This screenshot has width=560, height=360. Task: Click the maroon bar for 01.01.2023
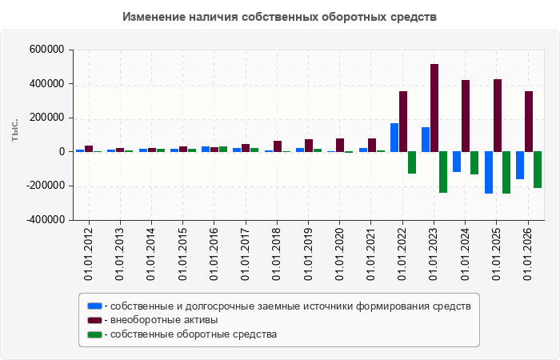tap(434, 108)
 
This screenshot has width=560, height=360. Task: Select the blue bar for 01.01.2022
tap(394, 138)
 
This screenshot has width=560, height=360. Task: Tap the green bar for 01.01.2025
tap(506, 173)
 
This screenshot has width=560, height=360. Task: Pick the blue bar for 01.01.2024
tap(457, 162)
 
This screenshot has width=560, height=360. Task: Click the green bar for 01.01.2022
tap(412, 163)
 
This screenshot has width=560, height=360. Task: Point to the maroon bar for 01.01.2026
tap(529, 122)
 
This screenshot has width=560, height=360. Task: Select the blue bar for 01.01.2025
tap(489, 173)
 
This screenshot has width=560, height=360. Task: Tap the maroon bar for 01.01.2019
tap(309, 146)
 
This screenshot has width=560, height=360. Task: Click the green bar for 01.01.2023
tap(443, 172)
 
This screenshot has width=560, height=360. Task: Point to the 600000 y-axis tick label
tap(46, 50)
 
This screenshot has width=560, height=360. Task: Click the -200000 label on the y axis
tap(45, 186)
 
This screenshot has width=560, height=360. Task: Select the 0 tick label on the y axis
tap(62, 152)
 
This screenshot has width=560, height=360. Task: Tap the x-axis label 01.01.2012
tap(88, 254)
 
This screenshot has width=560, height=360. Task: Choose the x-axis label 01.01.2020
tap(339, 254)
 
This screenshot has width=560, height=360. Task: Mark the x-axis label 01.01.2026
tap(527, 254)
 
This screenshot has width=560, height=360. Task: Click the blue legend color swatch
tap(94, 306)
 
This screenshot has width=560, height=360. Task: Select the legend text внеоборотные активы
tap(164, 320)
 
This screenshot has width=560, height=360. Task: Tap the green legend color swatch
tap(94, 334)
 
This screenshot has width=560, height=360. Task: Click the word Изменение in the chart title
tap(154, 17)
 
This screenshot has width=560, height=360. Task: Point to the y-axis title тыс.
tap(14, 131)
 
